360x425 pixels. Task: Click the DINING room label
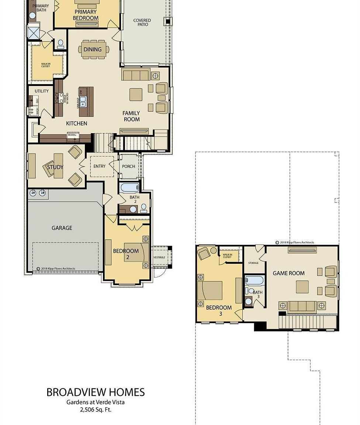[93, 49]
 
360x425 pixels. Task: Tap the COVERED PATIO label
[142, 23]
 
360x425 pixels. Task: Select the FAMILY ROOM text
[131, 116]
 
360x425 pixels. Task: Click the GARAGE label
[62, 228]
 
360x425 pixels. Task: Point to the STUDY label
[55, 167]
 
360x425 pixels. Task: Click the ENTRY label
[99, 166]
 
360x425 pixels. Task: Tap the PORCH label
[128, 166]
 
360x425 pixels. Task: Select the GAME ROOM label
[288, 273]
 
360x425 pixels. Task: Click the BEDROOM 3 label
[219, 310]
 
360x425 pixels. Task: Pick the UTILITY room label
[42, 91]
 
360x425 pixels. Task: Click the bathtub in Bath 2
[129, 187]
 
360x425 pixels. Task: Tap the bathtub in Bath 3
[254, 280]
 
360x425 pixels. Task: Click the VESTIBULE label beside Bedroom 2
[159, 257]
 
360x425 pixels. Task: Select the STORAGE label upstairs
[253, 263]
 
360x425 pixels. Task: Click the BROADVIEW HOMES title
[96, 392]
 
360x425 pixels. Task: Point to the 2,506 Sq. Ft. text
[96, 410]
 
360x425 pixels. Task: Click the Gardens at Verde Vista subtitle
[96, 402]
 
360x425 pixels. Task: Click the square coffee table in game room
[302, 287]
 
